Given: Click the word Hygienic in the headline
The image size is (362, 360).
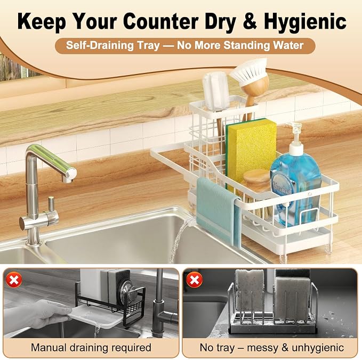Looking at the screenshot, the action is click(305, 21).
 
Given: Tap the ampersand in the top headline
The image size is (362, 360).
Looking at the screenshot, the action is click(250, 21).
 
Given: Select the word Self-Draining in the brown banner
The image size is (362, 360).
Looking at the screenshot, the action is click(100, 45).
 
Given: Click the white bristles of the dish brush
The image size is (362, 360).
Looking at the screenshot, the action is click(249, 70).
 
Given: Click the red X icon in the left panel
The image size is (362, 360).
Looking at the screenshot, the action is click(14, 280).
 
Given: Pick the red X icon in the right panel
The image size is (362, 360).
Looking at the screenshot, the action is click(195, 280).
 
